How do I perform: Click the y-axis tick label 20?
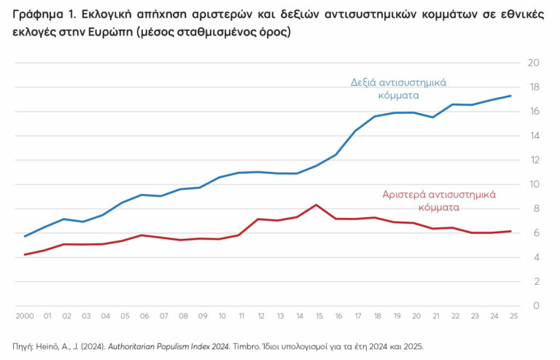[x=533, y=63]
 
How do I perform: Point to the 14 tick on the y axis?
[x=533, y=136]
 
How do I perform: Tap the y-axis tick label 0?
[x=536, y=306]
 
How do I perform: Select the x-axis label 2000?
[x=25, y=317]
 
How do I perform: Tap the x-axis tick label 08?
[x=183, y=317]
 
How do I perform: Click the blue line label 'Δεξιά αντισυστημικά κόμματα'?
[x=399, y=88]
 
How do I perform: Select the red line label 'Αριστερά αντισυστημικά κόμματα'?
[x=439, y=200]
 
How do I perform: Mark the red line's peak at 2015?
[x=315, y=205]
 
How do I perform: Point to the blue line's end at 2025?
[x=510, y=95]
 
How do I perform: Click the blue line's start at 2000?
[x=25, y=236]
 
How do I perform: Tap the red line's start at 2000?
[x=25, y=254]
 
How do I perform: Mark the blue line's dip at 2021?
[x=433, y=117]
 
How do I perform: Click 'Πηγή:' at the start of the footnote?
[x=24, y=346]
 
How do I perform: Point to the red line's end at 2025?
[x=510, y=231]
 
